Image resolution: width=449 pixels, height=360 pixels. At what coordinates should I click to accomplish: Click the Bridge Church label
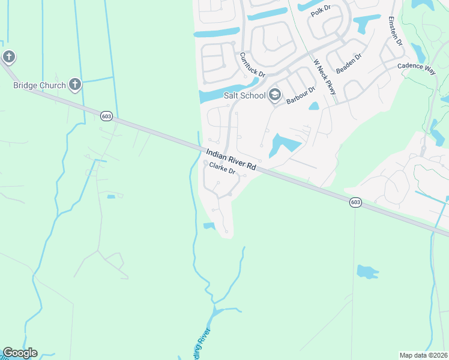(x=40, y=85)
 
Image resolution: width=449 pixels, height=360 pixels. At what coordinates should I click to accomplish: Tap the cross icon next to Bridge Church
(x=74, y=84)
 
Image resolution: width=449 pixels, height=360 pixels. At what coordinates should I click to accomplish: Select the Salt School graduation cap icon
(x=275, y=94)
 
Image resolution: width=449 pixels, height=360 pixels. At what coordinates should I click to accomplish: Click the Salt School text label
(x=244, y=95)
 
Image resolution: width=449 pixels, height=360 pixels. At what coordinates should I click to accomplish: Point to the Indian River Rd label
(x=231, y=160)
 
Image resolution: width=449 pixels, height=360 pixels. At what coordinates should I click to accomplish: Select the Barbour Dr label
(x=301, y=95)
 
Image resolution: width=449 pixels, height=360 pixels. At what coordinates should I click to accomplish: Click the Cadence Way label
(x=415, y=68)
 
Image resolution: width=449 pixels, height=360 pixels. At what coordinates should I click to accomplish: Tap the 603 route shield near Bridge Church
(x=106, y=116)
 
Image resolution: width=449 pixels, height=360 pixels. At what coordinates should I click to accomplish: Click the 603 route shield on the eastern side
(x=355, y=203)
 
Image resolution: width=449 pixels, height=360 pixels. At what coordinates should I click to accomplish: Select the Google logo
(x=20, y=353)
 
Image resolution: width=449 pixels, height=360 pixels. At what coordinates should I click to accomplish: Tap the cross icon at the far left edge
(x=8, y=57)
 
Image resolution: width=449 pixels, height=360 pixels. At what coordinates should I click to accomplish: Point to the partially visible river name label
(x=202, y=343)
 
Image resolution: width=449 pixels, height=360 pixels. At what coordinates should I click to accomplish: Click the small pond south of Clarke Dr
(x=209, y=226)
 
